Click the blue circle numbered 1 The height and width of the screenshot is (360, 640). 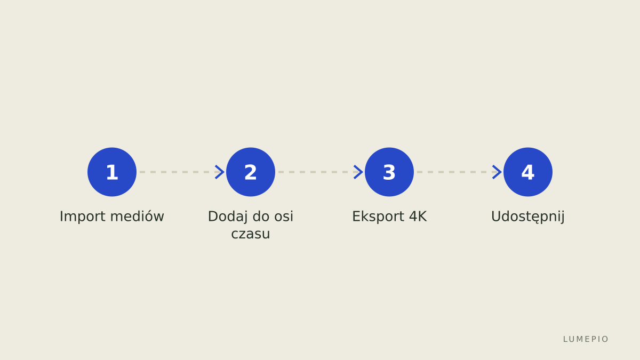pyautogui.click(x=112, y=172)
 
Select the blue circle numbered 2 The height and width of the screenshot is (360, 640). pyautogui.click(x=251, y=172)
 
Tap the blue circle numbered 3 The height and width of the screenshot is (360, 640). pyautogui.click(x=389, y=172)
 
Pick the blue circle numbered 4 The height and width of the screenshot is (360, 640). pyautogui.click(x=527, y=172)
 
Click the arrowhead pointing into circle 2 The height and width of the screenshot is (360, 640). pyautogui.click(x=220, y=172)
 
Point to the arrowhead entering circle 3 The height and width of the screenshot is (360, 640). pyautogui.click(x=358, y=172)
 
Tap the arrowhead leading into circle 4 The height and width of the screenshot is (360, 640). pyautogui.click(x=497, y=172)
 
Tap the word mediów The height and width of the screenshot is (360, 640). pyautogui.click(x=138, y=217)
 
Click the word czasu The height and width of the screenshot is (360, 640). pyautogui.click(x=251, y=234)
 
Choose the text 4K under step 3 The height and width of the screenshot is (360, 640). pyautogui.click(x=418, y=217)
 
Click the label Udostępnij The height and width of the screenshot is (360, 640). pyautogui.click(x=527, y=217)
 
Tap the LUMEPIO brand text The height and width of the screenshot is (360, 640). pyautogui.click(x=586, y=339)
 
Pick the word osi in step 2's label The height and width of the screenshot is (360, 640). pyautogui.click(x=284, y=217)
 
